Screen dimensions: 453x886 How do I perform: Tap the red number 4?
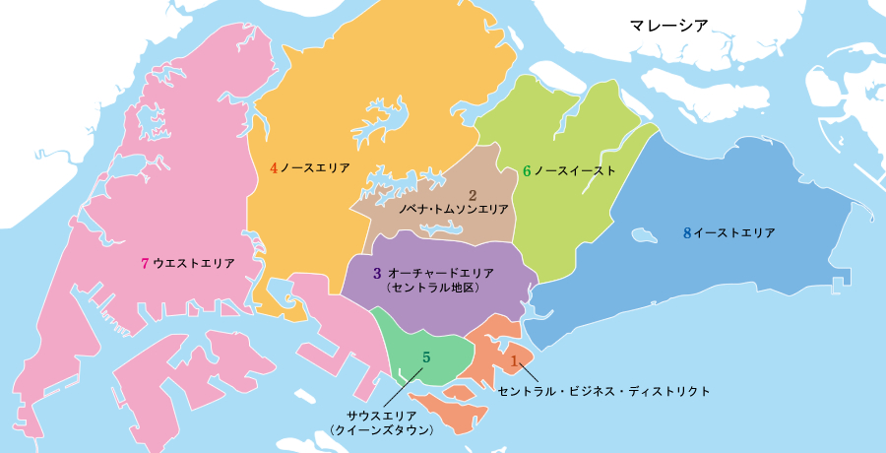coord(274,168)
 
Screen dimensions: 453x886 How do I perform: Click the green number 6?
coord(527,171)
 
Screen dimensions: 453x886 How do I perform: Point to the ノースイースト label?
coord(575,171)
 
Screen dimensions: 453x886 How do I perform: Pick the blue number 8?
coord(687,233)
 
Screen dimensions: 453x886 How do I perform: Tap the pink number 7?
coord(145,263)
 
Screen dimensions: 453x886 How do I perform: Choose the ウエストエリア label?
coord(194,263)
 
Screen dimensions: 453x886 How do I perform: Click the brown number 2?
coord(473,195)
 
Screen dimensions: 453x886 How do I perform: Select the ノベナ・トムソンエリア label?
coord(453,210)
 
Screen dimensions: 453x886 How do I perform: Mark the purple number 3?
coord(377,272)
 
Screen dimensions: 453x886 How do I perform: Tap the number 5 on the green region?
coord(426,356)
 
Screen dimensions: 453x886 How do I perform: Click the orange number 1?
coord(513,361)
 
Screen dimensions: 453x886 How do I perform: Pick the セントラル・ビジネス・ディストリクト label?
coord(603,391)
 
